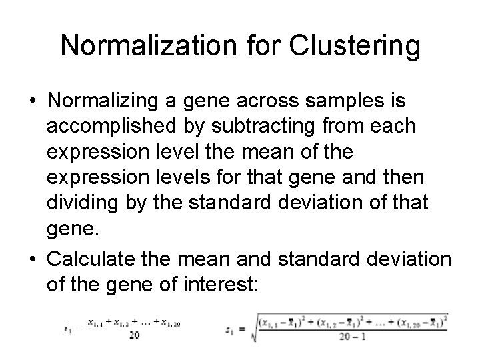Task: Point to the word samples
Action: pos(345,100)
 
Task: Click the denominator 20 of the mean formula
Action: pos(133,335)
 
